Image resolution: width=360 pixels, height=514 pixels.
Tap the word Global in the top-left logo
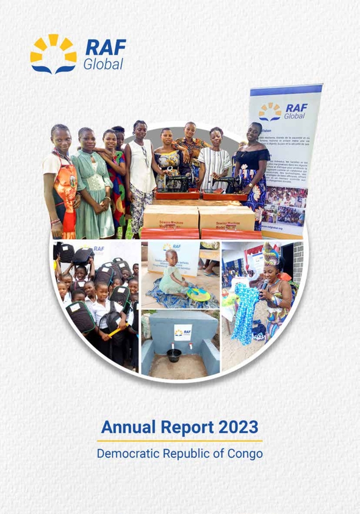pyautogui.click(x=103, y=63)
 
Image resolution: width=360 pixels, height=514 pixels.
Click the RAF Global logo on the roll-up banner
pyautogui.click(x=284, y=112)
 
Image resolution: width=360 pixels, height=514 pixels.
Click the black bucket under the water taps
pyautogui.click(x=174, y=355)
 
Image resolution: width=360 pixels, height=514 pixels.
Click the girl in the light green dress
pyautogui.click(x=89, y=183)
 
